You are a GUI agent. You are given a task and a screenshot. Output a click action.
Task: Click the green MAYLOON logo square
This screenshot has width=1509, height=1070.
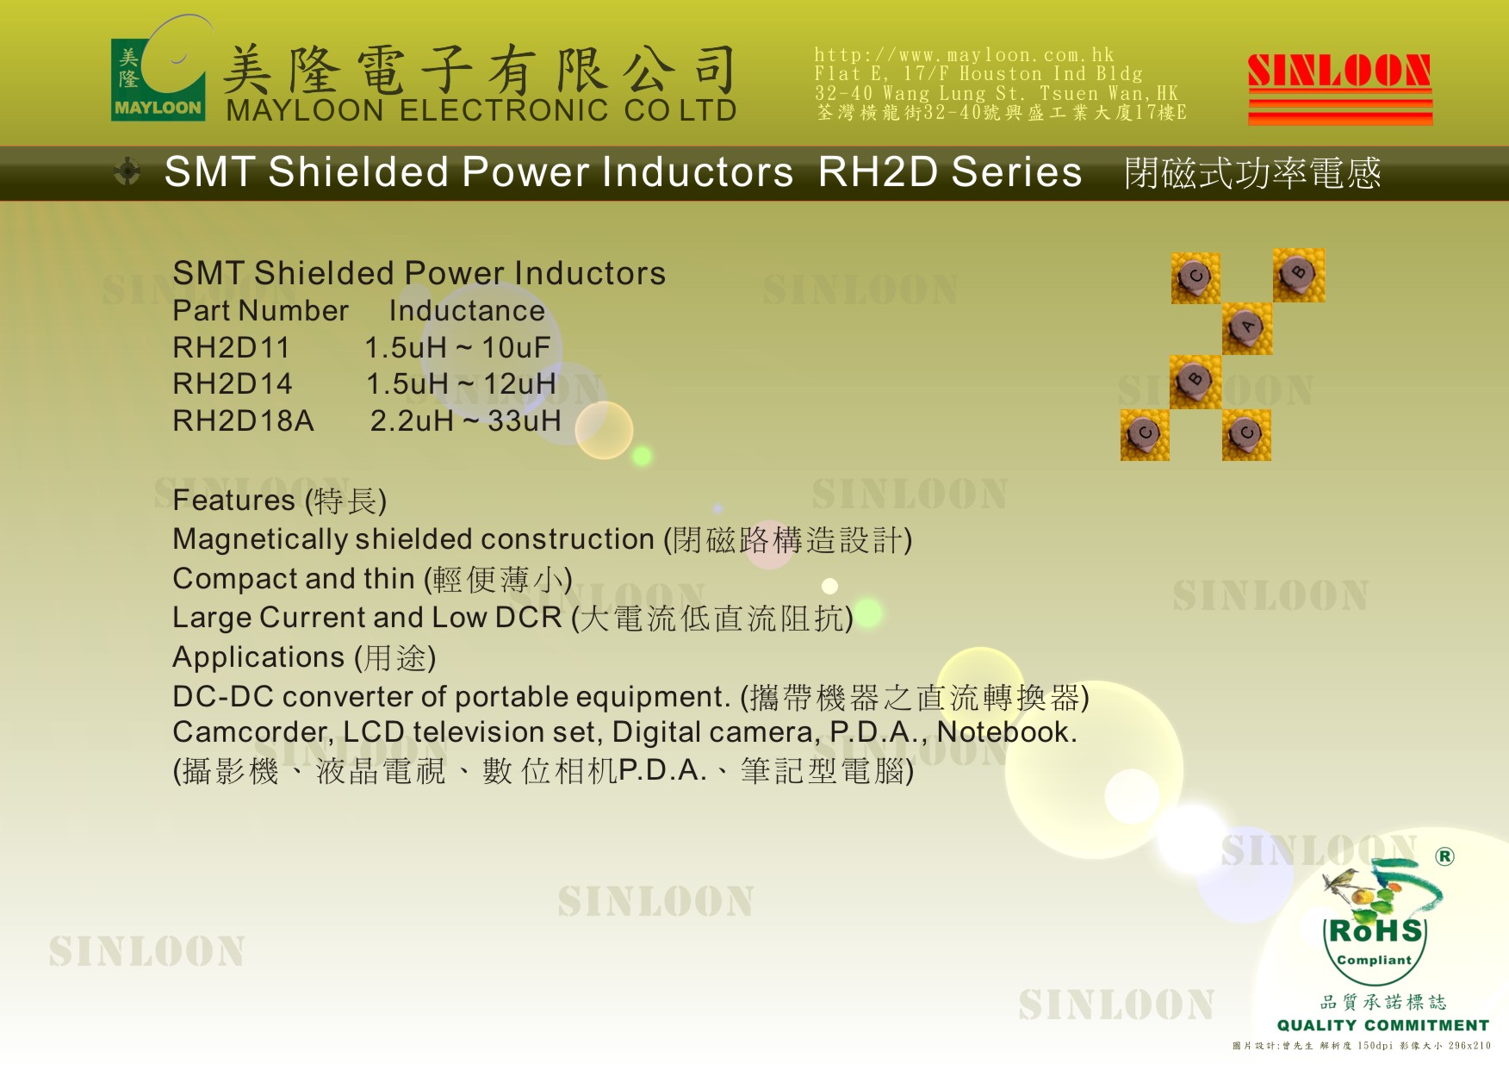point(158,79)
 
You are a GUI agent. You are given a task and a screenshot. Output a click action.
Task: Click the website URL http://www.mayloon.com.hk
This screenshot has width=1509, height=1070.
point(964,55)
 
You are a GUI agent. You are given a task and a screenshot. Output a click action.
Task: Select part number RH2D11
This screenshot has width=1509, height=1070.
point(231,348)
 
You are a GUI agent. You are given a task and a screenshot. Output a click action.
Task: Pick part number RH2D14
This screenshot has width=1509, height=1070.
point(233,384)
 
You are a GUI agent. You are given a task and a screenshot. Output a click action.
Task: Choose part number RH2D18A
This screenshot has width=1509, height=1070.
point(243,421)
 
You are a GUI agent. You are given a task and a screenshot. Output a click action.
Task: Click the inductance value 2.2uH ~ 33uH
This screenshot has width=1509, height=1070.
point(466,421)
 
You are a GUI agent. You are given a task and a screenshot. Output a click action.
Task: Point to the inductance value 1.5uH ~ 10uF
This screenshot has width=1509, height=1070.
point(457,348)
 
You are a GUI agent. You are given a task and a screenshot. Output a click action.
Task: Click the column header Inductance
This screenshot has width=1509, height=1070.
point(467,311)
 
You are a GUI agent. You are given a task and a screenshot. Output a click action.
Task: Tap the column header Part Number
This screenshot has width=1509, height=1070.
point(260,311)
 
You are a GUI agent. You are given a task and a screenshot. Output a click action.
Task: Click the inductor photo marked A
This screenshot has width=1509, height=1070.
point(1246,328)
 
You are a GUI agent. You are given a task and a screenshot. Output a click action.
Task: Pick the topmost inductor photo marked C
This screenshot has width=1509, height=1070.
point(1195,277)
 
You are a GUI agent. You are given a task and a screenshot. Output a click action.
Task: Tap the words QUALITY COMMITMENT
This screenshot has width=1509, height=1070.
point(1383,1025)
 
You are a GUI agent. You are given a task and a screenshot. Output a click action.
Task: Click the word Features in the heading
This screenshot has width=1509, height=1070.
point(234,501)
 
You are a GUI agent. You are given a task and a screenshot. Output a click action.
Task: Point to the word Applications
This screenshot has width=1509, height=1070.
point(258,657)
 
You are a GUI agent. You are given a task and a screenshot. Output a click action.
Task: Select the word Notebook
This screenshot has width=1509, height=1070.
point(1007,732)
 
